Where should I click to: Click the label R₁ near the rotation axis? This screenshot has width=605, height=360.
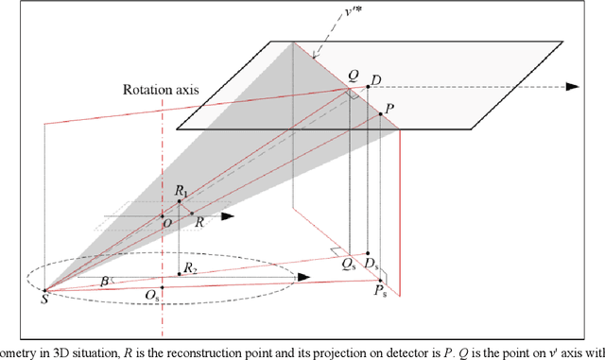(x=181, y=192)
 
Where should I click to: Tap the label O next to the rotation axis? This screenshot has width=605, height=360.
(x=166, y=224)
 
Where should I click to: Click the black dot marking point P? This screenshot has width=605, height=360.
(x=381, y=115)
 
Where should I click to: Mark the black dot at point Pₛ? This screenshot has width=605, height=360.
(x=377, y=281)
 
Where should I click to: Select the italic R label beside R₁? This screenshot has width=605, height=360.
(x=199, y=221)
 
